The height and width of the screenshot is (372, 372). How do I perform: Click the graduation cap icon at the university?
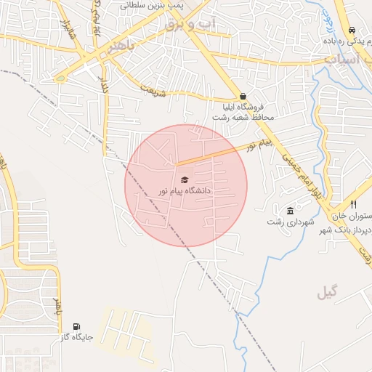(x=185, y=179)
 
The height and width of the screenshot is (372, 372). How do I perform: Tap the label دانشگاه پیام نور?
(x=185, y=190)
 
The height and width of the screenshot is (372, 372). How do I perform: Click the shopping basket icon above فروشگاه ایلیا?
(x=243, y=96)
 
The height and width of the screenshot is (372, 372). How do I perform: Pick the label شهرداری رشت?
(x=290, y=222)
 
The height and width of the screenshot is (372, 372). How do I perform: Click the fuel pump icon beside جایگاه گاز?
(x=77, y=326)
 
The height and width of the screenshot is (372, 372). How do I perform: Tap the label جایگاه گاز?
(x=76, y=337)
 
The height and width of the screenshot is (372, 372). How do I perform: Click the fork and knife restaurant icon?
(x=353, y=205)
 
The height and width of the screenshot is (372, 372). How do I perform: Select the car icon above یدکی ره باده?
(x=352, y=31)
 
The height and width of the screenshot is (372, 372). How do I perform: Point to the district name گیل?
(x=328, y=292)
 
